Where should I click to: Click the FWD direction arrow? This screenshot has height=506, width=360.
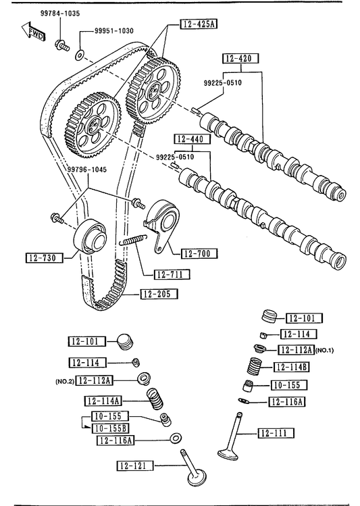33,32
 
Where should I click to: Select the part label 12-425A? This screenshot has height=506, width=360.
199,24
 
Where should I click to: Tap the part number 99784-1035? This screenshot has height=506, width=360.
60,14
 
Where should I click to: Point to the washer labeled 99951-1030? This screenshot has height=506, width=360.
79,55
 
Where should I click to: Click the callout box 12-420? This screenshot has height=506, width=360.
241,58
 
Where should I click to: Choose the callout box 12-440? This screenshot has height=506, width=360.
192,139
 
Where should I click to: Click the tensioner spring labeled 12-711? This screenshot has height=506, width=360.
134,239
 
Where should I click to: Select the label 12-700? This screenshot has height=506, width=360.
199,253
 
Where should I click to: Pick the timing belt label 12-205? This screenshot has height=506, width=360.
159,294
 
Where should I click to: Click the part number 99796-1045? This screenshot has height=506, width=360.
86,170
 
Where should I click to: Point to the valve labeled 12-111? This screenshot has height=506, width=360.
232,436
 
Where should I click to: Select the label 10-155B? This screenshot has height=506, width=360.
110,428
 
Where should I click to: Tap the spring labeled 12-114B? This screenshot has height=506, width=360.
255,366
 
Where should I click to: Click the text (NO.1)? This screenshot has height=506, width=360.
324,350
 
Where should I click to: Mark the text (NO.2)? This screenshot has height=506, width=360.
65,382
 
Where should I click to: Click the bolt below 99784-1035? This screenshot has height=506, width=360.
62,45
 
